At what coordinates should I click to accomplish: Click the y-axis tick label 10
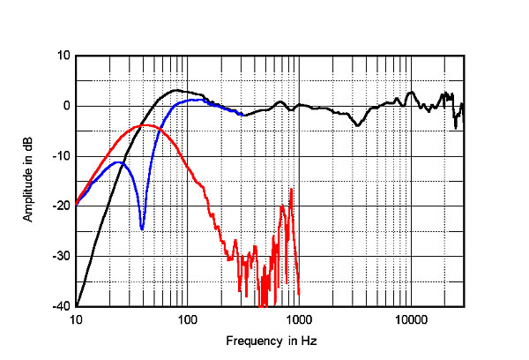point(63,56)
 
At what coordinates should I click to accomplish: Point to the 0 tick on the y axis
point(66,106)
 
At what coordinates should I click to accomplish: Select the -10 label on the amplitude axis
point(61,156)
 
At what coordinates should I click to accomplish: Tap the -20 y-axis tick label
point(61,206)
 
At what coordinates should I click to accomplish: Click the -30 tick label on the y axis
point(61,256)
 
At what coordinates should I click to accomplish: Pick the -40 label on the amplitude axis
point(61,306)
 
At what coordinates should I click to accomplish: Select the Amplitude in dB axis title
point(28,181)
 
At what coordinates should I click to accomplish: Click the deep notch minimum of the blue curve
point(142,229)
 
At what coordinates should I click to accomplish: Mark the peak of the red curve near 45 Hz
point(145,125)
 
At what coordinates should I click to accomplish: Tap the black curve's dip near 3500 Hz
point(358,125)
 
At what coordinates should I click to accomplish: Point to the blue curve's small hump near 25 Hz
point(117,161)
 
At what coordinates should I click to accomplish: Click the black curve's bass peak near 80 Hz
point(176,90)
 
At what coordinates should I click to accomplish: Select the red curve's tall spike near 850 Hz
point(291,189)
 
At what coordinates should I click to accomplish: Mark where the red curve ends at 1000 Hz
point(299,294)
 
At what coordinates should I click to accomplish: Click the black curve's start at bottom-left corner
point(77,305)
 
